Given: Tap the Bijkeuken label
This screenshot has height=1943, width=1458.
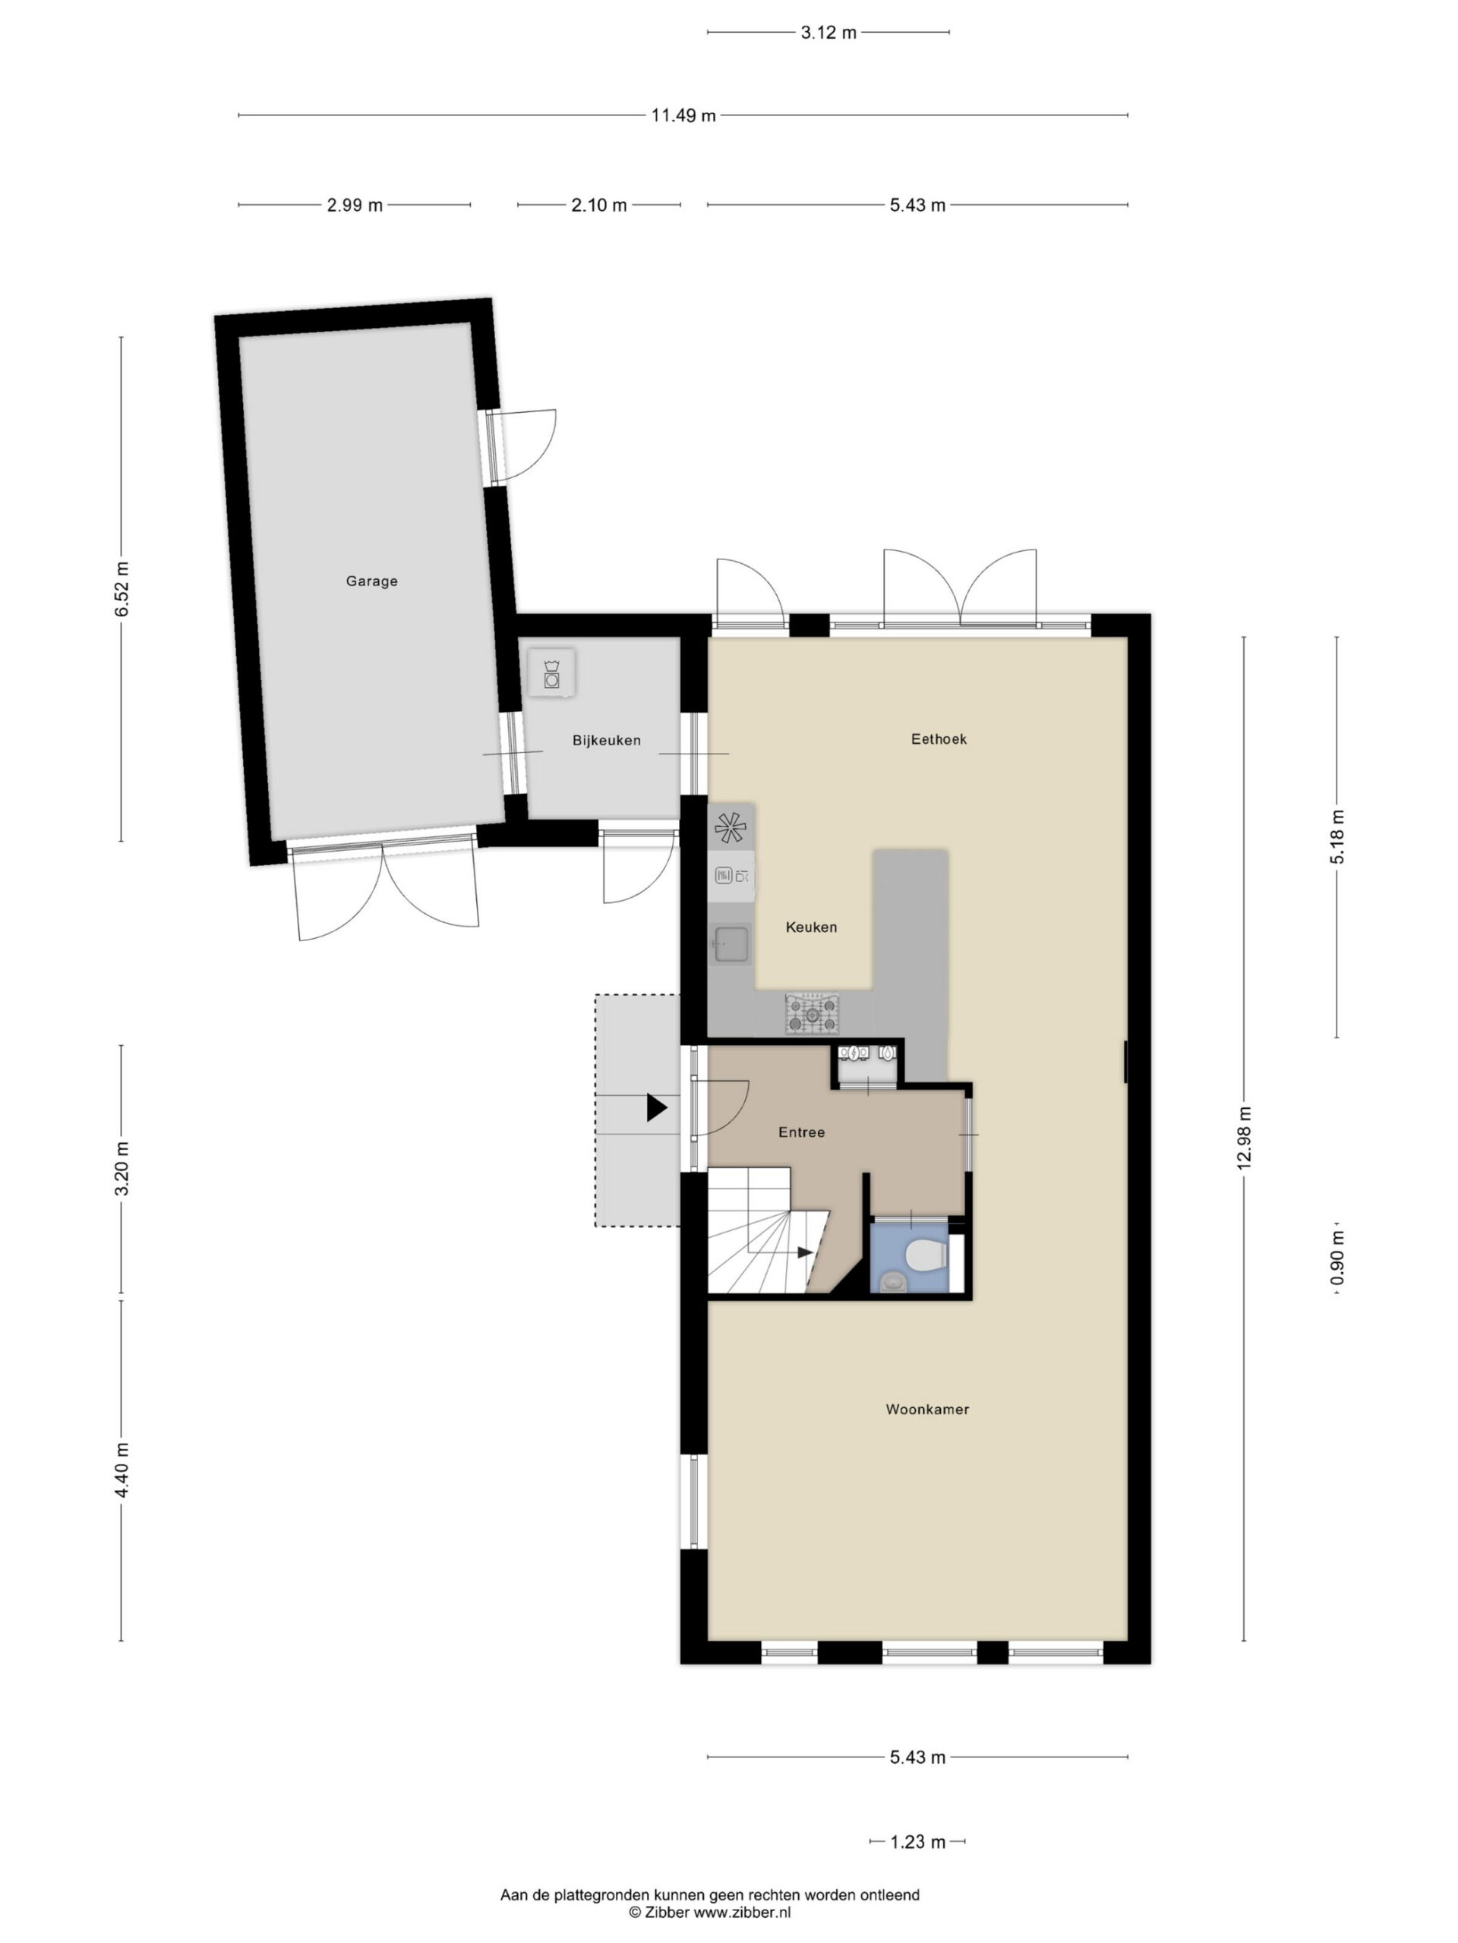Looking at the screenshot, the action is tap(607, 741).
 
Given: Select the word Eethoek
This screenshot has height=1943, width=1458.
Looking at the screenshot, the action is tap(939, 738).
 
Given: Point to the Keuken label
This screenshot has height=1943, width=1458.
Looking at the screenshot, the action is tap(811, 927).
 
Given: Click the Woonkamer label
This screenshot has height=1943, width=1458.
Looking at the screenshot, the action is tap(927, 1409).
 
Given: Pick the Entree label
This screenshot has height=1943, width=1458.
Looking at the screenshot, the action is tap(801, 1132).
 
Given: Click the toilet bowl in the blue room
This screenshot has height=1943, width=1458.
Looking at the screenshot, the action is tap(926, 1255).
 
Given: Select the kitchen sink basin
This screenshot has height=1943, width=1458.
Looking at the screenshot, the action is tap(731, 945).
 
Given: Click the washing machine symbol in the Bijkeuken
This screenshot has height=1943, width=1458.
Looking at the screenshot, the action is tap(552, 673).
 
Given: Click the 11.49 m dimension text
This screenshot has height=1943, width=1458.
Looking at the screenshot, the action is tap(683, 115).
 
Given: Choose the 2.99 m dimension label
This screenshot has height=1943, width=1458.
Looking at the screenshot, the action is tap(355, 206).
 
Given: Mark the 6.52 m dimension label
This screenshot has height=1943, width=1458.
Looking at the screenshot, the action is tap(121, 588).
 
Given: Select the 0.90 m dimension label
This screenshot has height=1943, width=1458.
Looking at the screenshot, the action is tap(1336, 1258).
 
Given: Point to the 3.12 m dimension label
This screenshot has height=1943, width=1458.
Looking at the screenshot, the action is tap(828, 33).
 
